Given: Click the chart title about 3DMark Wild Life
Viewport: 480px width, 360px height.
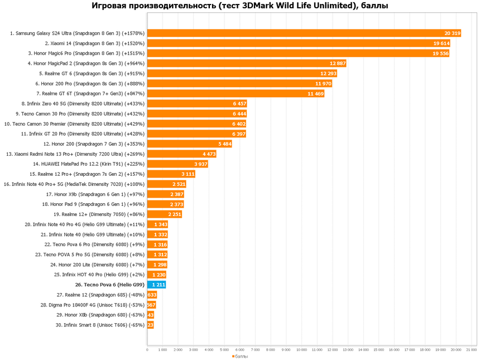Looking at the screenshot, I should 240,6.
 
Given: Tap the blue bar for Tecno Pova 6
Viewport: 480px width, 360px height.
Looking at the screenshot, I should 156,285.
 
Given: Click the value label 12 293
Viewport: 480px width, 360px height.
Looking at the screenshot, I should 329,74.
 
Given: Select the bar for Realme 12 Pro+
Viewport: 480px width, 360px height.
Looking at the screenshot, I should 171,174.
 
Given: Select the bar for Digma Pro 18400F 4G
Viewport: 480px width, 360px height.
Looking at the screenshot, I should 151,305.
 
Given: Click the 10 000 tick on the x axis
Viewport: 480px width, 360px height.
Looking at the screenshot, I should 301,350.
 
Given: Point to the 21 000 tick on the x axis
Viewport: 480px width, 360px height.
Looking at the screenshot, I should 471,350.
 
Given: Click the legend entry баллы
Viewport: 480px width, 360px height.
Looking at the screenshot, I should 240,356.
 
